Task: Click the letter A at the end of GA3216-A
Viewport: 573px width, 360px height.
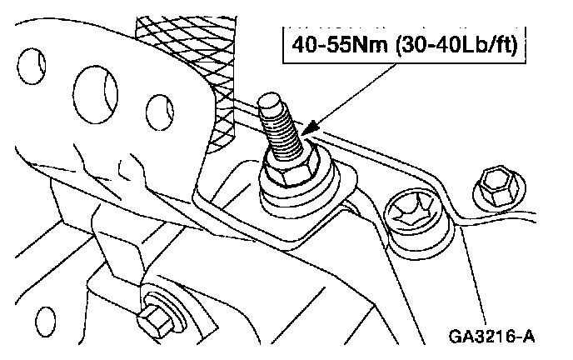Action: pos(526,337)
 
